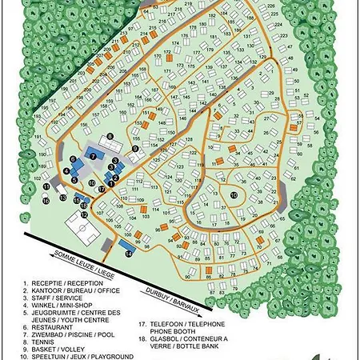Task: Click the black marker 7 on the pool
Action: pyautogui.click(x=94, y=155)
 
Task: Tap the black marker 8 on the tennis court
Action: pyautogui.click(x=110, y=146)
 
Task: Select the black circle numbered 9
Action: pyautogui.click(x=135, y=149)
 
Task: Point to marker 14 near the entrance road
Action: pyautogui.click(x=128, y=253)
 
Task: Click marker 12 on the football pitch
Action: pyautogui.click(x=83, y=214)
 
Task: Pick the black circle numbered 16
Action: pyautogui.click(x=46, y=201)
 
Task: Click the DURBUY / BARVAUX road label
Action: pyautogui.click(x=173, y=296)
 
